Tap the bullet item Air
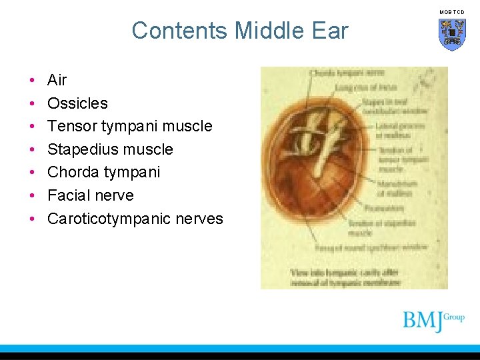tap(57, 80)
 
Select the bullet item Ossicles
tap(77, 103)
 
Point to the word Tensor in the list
tap(72, 126)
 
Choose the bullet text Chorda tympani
tap(103, 172)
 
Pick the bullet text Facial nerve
tap(90, 195)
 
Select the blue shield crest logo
tap(452, 34)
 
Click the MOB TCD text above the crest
tap(452, 12)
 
